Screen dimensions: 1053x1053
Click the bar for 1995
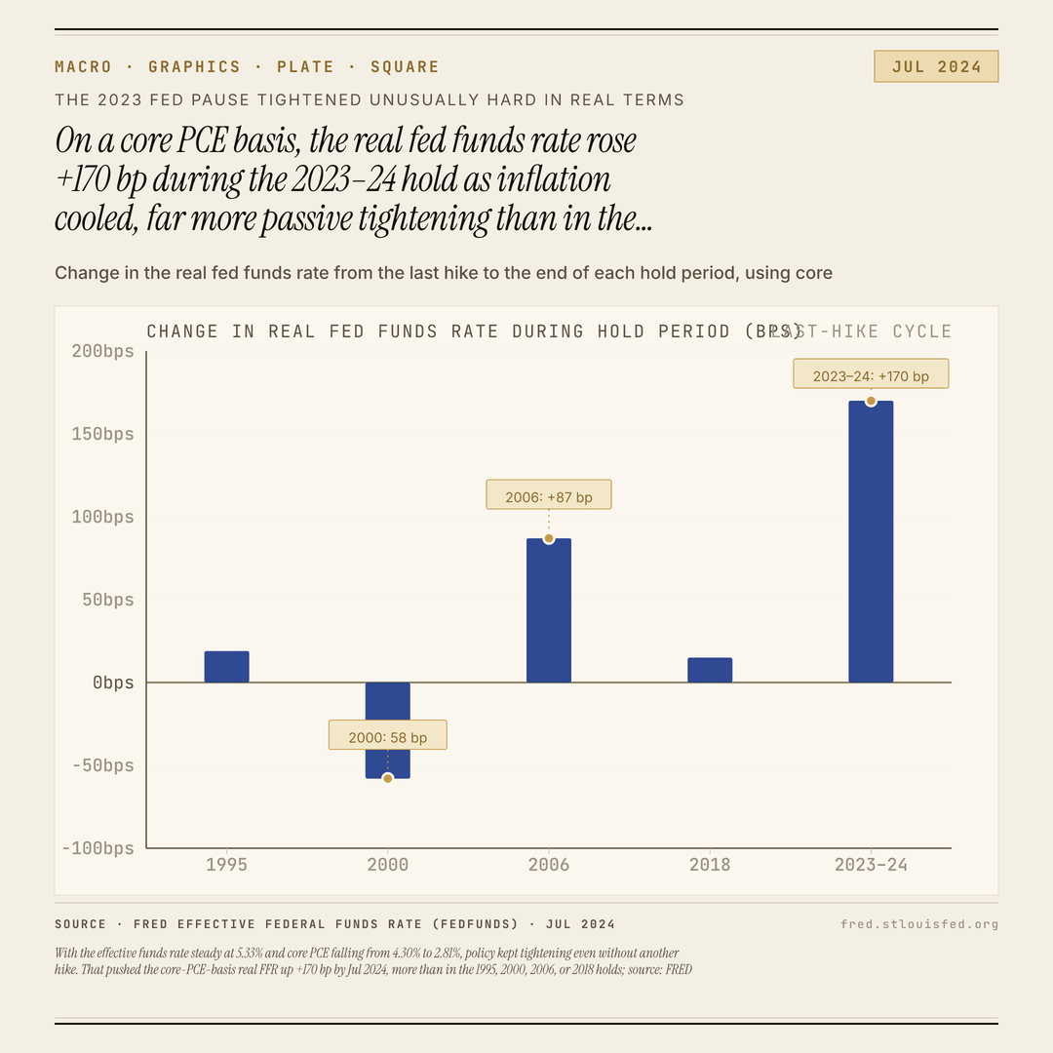[226, 667]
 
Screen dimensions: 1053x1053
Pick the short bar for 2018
[710, 670]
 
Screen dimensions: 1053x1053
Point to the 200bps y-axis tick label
[102, 351]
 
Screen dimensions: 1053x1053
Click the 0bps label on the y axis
[113, 682]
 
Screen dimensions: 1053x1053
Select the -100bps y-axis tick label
[97, 848]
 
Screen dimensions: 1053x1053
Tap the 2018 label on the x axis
[710, 865]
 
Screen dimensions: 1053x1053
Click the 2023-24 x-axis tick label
[871, 865]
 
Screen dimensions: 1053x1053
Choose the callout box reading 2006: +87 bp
[549, 494]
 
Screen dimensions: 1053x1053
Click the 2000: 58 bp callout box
[387, 735]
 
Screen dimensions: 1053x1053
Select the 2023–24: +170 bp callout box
[871, 374]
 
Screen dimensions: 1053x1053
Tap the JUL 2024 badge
[936, 66]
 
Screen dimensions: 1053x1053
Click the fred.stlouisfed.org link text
[919, 924]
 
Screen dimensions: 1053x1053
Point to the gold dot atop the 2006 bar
[549, 538]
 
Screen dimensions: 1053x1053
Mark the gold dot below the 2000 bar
[387, 778]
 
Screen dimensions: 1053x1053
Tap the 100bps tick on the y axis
[102, 517]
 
